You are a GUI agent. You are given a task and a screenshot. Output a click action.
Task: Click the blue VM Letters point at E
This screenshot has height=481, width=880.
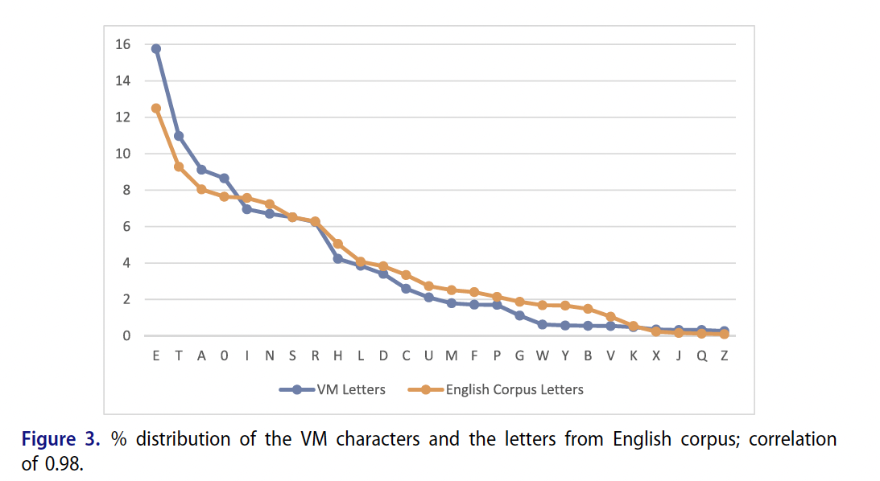pos(156,48)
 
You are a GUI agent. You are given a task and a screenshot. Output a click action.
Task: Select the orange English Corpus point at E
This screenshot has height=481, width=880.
pos(156,108)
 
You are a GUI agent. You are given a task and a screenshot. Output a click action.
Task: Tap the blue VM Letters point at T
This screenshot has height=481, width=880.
pos(179,136)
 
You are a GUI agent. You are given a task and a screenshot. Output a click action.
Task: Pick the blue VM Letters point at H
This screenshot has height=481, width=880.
pos(338,258)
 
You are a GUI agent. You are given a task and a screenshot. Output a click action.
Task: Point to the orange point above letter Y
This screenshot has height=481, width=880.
pos(565,306)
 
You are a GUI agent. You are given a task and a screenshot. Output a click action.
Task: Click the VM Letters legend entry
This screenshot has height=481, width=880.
pos(333,389)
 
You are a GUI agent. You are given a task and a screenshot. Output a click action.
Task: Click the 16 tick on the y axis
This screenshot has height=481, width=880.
pos(122,45)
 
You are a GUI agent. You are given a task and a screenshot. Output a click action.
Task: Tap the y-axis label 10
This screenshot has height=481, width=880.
pos(122,154)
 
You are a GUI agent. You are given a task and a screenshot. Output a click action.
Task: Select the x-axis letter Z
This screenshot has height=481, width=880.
pos(725,356)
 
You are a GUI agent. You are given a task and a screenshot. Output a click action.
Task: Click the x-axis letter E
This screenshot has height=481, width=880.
pos(156,356)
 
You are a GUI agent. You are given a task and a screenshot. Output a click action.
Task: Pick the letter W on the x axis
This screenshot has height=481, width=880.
pos(543,356)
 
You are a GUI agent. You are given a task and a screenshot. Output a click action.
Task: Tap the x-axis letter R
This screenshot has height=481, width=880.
pos(315,356)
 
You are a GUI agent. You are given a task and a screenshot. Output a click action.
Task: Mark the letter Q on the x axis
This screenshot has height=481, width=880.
pos(701,356)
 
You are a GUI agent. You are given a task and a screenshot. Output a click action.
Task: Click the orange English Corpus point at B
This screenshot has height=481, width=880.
pos(588,309)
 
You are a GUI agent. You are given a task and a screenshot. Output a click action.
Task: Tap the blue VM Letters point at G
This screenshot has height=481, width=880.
pos(519,315)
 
